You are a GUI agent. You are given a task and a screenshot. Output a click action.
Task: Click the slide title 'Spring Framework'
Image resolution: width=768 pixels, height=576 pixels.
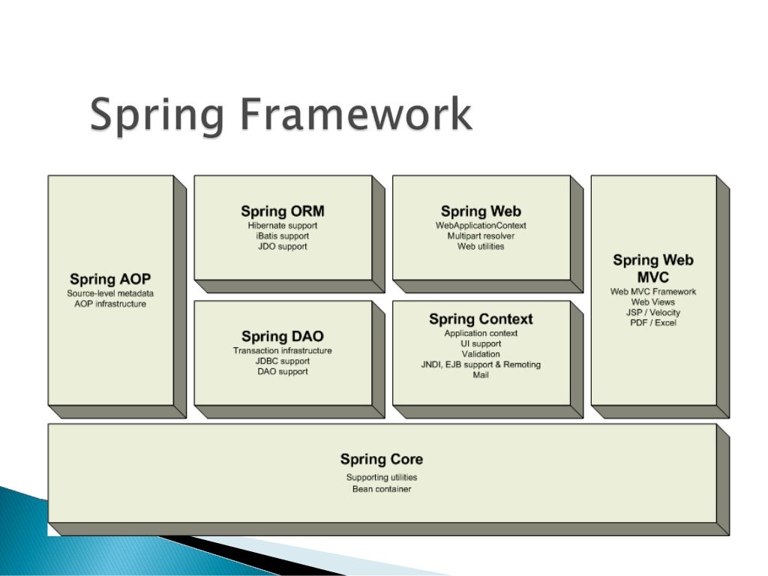click(281, 116)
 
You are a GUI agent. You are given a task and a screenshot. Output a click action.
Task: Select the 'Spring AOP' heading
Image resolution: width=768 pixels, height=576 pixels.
click(110, 280)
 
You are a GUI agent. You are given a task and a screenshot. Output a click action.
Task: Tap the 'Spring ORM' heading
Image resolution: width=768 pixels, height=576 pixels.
click(283, 211)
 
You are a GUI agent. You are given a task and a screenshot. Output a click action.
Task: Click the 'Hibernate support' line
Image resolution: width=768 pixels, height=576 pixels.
click(283, 225)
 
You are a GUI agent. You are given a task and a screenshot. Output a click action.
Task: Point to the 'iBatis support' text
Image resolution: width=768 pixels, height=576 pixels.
click(283, 235)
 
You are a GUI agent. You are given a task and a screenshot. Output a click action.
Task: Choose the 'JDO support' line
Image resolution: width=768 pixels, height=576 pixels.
click(283, 246)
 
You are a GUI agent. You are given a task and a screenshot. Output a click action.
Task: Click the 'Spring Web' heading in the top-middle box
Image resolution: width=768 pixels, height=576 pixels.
click(481, 211)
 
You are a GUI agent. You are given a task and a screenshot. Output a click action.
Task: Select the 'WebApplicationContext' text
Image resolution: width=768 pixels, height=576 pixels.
click(481, 225)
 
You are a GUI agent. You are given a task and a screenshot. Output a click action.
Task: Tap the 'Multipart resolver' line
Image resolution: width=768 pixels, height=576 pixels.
click(481, 235)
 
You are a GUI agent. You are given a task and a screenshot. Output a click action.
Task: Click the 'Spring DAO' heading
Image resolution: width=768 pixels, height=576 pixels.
click(283, 337)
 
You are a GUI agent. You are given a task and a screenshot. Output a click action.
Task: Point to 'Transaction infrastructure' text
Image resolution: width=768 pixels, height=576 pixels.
click(283, 350)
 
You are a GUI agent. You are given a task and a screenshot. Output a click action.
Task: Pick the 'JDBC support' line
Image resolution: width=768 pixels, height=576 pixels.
click(283, 361)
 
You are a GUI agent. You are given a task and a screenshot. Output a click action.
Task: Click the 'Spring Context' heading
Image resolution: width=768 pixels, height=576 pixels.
click(481, 319)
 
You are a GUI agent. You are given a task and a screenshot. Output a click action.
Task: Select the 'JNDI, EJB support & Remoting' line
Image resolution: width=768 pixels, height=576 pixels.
click(481, 364)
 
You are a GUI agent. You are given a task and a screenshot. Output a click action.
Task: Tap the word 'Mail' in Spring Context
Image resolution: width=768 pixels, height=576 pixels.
click(481, 375)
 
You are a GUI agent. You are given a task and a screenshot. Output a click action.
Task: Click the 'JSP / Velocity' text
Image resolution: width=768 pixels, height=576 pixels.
click(653, 312)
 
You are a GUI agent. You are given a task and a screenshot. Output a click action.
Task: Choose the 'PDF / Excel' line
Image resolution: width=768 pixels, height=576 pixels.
click(653, 322)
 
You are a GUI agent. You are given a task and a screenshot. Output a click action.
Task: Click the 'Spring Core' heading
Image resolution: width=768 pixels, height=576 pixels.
click(382, 459)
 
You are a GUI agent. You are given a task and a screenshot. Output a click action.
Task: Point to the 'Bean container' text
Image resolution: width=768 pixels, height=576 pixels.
click(382, 489)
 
